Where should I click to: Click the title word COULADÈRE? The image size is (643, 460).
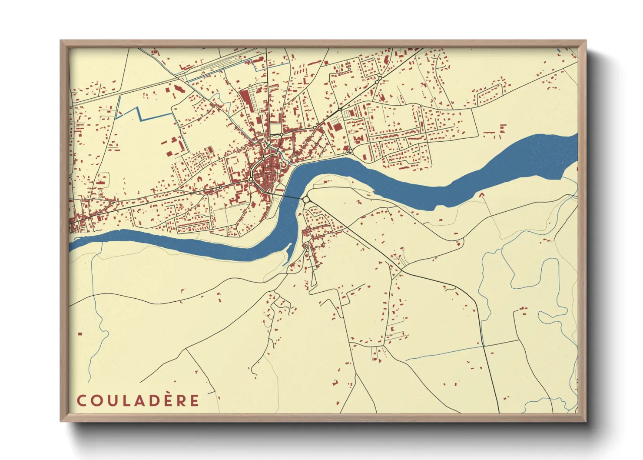click(x=138, y=400)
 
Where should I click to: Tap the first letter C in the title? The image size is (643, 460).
click(x=81, y=401)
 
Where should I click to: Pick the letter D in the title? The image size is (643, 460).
click(x=152, y=401)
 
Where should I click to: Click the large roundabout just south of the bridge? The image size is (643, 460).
click(x=306, y=200)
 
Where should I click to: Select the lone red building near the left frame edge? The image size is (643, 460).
click(x=80, y=334)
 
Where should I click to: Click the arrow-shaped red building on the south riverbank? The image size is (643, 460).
click(x=481, y=195)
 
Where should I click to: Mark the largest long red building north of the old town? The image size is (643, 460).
click(x=245, y=102)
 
